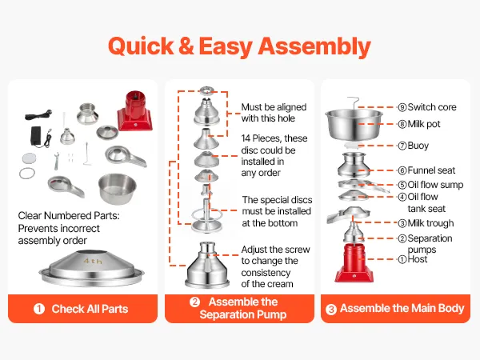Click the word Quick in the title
(141, 46)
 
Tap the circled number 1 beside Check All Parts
(39, 309)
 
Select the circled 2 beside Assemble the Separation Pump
(194, 302)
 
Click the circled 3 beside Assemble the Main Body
(331, 309)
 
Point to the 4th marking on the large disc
(93, 261)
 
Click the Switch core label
(432, 107)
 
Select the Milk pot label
(424, 124)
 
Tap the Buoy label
(418, 146)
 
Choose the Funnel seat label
(431, 170)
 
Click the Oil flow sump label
(435, 185)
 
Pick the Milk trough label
(430, 223)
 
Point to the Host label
(418, 259)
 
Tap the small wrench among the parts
(57, 161)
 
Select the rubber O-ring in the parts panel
(27, 174)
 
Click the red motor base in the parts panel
(134, 111)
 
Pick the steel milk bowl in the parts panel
(118, 189)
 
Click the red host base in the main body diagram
(354, 263)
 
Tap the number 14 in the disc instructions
(246, 138)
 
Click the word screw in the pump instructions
(298, 250)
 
